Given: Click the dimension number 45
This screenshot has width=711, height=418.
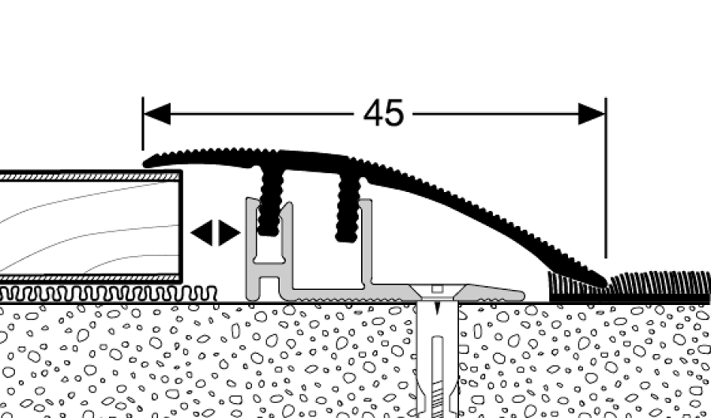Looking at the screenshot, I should coord(384,115).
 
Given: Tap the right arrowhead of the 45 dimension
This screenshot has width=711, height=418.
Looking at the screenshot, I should coord(592,115).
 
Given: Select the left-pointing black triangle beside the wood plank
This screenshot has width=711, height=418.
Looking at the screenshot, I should coord(202,233).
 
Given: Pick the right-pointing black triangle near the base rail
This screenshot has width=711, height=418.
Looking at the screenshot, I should coord(229,233).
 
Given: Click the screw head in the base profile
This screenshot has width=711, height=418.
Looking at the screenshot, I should coord(434,289).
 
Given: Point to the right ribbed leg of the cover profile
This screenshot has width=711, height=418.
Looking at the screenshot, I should coord(348,205).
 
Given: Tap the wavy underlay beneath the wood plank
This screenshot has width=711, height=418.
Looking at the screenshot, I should coord(103,293).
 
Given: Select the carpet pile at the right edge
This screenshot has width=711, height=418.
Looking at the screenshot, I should coord(664,282).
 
